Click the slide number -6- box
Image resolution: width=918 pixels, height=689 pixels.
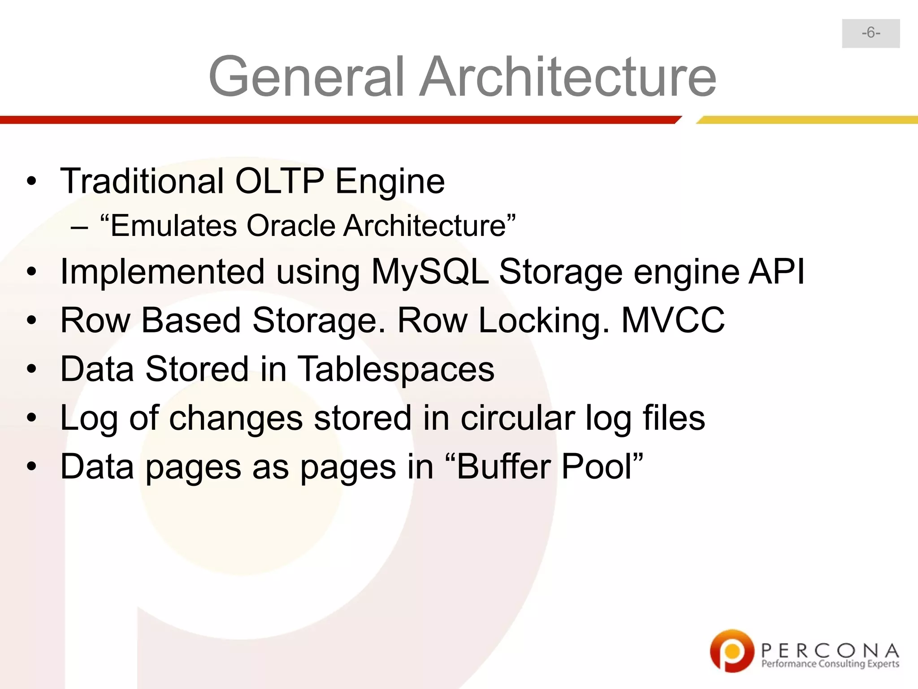click(x=870, y=33)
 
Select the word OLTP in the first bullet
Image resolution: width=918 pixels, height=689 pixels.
click(x=279, y=181)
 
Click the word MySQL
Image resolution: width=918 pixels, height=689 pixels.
click(x=430, y=272)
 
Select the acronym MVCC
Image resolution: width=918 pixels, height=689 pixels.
click(x=673, y=321)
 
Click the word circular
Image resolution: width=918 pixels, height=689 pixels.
click(x=518, y=418)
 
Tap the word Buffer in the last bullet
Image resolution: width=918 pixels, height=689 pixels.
click(x=503, y=467)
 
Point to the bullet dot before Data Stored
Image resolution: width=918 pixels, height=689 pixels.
click(x=31, y=370)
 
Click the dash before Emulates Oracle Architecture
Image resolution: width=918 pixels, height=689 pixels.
click(x=79, y=227)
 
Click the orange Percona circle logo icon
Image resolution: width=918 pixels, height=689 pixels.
click(x=732, y=651)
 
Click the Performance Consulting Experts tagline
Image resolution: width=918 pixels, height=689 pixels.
click(x=830, y=664)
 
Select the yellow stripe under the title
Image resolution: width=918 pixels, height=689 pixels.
click(x=807, y=120)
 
